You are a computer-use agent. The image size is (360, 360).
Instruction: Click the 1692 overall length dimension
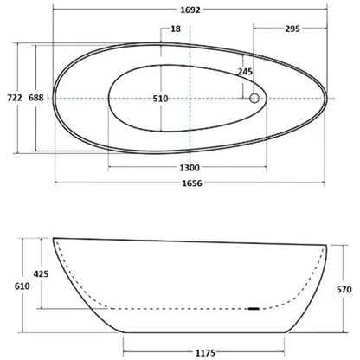pos(190,10)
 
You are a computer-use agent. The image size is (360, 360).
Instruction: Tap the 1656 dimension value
pos(192,183)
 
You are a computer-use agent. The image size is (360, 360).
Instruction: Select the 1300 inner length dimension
pos(190,168)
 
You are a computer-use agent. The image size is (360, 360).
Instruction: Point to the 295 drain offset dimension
pos(292,29)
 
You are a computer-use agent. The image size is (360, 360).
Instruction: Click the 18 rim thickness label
pos(176,29)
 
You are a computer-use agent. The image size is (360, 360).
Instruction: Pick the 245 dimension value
pos(245,72)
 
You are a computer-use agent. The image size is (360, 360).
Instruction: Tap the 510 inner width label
pos(160,99)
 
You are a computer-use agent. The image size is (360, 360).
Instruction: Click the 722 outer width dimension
pos(15,98)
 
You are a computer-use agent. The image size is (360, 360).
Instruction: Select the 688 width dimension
pos(36,98)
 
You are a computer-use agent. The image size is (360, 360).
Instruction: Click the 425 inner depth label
pos(41,273)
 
